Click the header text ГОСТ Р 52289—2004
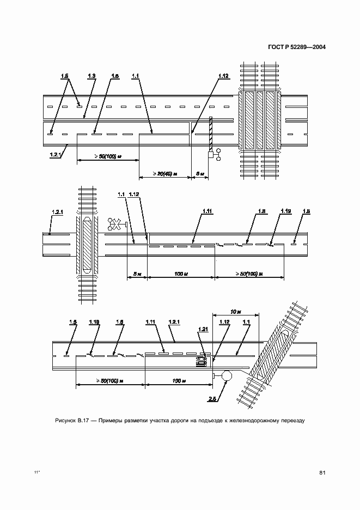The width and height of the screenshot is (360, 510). [297, 47]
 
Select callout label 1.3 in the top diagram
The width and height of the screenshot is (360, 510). [91, 75]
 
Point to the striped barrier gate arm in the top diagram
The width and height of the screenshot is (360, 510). [210, 133]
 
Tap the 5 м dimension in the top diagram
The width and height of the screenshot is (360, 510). [199, 174]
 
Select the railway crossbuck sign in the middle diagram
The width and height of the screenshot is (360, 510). [116, 223]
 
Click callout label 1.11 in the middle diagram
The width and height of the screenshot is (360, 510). [207, 210]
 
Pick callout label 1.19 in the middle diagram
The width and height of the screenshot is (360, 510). [285, 210]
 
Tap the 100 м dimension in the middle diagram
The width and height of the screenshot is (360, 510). [181, 274]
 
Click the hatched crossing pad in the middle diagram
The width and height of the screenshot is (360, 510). [87, 246]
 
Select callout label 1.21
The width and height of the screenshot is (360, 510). [203, 330]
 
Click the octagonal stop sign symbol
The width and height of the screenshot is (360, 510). [227, 375]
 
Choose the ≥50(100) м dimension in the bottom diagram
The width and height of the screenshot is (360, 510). [109, 381]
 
